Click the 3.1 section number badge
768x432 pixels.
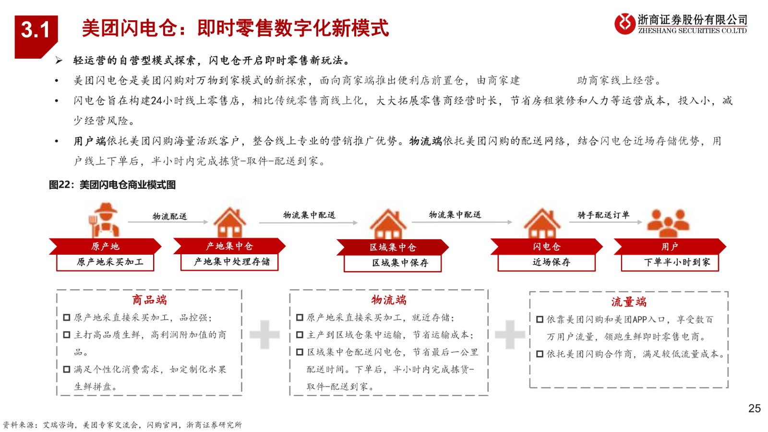[x=36, y=37]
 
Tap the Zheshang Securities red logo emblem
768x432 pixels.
[x=624, y=24]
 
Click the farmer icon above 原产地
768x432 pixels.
[x=105, y=220]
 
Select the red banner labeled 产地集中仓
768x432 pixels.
[x=229, y=246]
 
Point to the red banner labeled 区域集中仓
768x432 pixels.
[x=393, y=247]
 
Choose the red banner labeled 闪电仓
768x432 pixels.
[x=547, y=247]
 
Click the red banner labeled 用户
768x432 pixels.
[x=670, y=247]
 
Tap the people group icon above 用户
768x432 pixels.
[x=668, y=223]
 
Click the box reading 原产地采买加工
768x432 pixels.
[x=105, y=262]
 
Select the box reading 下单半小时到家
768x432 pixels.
[x=670, y=262]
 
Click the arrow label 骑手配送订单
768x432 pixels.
[x=603, y=215]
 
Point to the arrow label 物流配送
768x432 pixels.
[x=170, y=216]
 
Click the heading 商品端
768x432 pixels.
[x=149, y=300]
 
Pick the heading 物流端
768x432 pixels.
[x=389, y=300]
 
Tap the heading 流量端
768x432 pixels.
[x=629, y=302]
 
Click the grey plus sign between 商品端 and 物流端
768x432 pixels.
[x=264, y=334]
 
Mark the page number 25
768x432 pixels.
[x=754, y=408]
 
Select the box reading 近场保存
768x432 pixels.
[x=547, y=262]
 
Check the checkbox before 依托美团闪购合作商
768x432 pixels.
[x=540, y=354]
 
